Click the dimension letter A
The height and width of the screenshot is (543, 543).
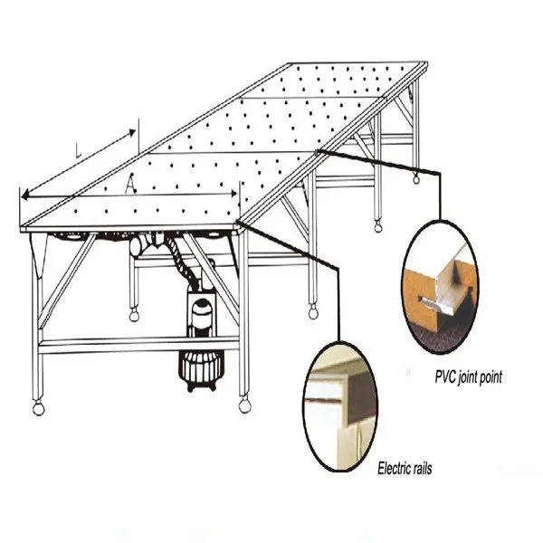(130, 184)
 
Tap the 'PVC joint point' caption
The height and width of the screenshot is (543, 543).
(468, 377)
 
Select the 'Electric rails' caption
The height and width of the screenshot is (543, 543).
(405, 469)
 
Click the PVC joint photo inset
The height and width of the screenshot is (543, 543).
(441, 287)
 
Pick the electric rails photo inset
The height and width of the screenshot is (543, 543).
(340, 406)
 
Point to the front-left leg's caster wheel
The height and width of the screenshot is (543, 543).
(38, 409)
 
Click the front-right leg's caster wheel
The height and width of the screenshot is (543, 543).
(244, 405)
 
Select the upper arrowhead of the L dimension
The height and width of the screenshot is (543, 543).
(132, 132)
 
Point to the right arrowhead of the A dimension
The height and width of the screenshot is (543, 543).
(233, 194)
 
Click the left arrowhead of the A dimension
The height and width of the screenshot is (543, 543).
(25, 196)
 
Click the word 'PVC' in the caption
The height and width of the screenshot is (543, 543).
(444, 376)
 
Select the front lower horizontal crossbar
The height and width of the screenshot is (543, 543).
(138, 346)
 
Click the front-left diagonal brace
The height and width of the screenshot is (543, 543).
(66, 281)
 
